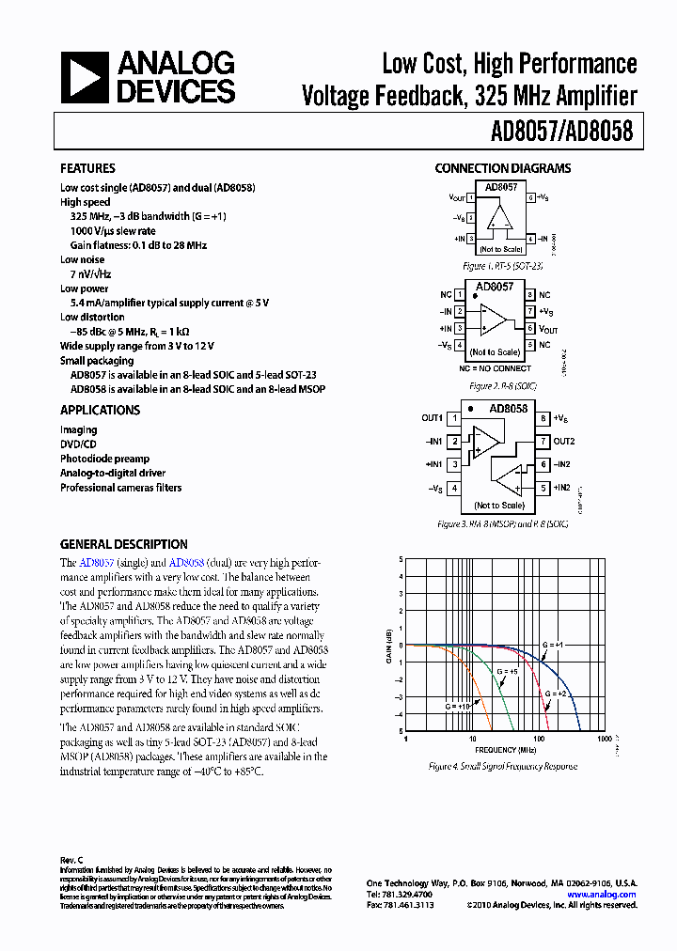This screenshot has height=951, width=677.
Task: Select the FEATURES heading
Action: click(x=87, y=169)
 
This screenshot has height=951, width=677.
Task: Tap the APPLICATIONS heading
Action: click(x=100, y=411)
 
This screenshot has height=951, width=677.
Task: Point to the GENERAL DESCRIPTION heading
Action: click(x=123, y=545)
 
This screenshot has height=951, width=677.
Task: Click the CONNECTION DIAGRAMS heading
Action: click(x=502, y=169)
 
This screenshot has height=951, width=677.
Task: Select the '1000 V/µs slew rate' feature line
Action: click(x=113, y=231)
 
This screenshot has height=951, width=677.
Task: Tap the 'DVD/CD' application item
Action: click(x=78, y=444)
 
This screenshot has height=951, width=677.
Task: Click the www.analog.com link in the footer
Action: click(x=602, y=895)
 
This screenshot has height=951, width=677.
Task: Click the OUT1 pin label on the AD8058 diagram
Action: click(x=432, y=418)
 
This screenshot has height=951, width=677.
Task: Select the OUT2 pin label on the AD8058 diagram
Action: click(x=563, y=441)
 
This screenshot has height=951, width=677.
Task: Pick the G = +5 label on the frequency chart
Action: click(x=507, y=672)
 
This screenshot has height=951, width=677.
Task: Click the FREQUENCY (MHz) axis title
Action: click(x=505, y=750)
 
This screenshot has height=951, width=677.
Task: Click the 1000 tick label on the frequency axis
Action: click(x=604, y=739)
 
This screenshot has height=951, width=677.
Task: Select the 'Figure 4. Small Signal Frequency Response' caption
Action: click(x=503, y=767)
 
